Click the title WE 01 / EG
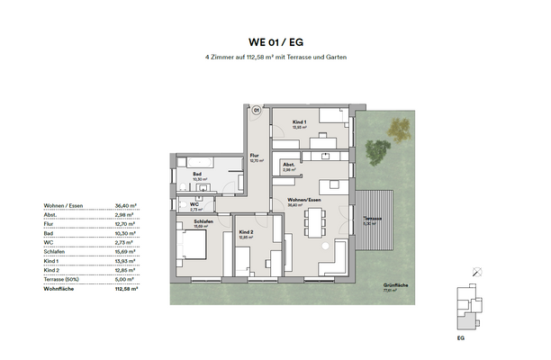(x=275, y=41)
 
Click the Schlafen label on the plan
(x=202, y=222)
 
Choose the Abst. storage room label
(x=289, y=166)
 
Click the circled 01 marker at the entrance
(x=256, y=111)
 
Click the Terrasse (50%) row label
(x=62, y=279)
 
